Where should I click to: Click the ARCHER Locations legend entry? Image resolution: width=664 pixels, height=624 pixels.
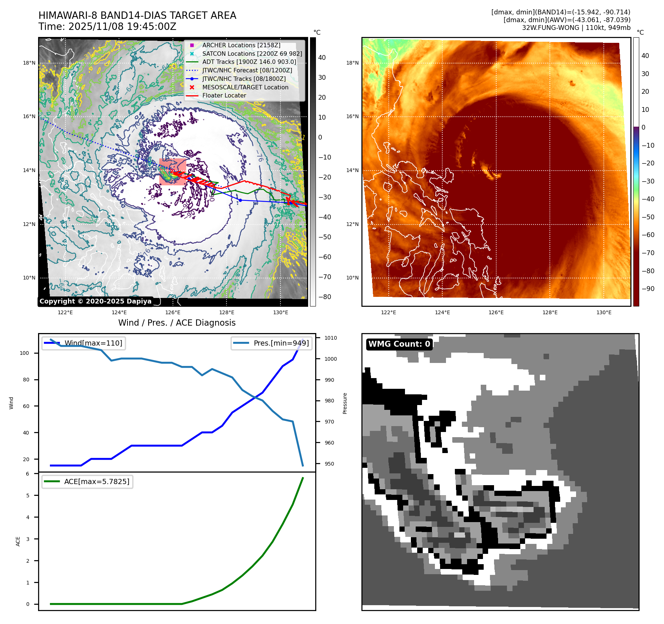point(241,45)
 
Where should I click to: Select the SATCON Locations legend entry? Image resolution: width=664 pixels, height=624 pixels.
point(252,54)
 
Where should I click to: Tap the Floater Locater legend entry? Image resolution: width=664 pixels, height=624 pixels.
point(224,95)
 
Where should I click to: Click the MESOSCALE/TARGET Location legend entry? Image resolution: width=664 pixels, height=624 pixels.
point(245,87)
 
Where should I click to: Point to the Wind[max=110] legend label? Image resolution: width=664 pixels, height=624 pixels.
point(93,343)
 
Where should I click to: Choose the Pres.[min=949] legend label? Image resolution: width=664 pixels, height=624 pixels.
point(281,343)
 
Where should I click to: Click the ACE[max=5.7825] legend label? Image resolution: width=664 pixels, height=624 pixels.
point(96,481)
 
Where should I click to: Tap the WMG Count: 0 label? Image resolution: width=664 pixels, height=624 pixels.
point(399,344)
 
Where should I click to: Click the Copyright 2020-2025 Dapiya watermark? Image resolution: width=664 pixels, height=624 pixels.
point(95,301)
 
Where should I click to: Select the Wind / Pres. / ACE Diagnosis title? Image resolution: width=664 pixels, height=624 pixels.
point(177,323)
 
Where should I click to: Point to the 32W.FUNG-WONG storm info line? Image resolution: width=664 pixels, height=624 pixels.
point(576,28)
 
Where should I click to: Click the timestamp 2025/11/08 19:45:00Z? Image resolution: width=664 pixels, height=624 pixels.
point(122,27)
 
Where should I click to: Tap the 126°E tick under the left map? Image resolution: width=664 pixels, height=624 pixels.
point(173,312)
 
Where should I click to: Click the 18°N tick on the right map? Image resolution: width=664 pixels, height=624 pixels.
point(352,63)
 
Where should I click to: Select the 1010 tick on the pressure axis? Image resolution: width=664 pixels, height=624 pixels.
point(330,338)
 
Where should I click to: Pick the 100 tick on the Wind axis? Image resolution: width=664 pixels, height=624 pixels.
point(24,353)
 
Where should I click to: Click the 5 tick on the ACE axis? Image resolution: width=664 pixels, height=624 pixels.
point(28,496)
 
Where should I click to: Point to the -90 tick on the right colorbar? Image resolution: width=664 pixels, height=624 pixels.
point(648,289)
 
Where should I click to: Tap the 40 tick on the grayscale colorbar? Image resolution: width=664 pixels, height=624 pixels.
point(322,58)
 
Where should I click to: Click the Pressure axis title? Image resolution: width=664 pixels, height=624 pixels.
point(345,403)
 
